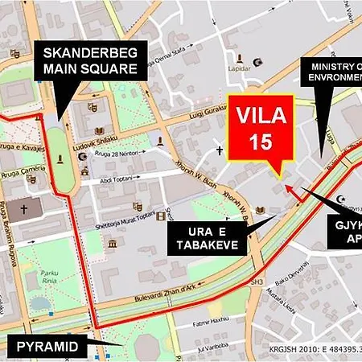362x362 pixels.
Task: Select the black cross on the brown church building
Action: [24, 208]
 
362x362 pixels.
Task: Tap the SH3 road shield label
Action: [257, 282]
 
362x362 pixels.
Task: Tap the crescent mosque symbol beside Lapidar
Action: [258, 62]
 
